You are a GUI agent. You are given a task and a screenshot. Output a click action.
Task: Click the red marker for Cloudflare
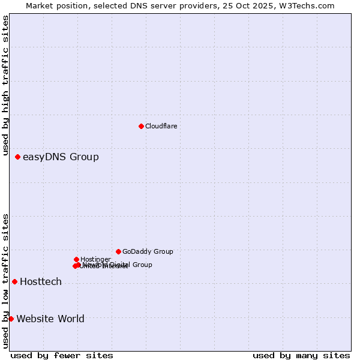click(141, 126)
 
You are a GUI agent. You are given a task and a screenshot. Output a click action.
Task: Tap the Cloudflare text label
click(161, 126)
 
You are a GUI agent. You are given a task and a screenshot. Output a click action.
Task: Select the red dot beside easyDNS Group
click(17, 157)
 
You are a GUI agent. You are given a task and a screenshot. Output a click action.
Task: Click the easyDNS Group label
click(61, 157)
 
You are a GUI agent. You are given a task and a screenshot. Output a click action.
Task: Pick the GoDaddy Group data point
click(118, 251)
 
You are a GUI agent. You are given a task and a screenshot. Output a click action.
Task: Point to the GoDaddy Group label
click(148, 252)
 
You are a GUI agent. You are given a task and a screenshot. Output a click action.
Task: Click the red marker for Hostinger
click(76, 259)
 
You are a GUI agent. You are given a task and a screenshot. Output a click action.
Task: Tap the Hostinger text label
click(95, 259)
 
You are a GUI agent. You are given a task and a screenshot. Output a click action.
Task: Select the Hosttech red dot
click(14, 281)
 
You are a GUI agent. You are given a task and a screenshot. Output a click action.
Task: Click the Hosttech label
click(41, 282)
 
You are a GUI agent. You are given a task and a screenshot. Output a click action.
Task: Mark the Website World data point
click(11, 319)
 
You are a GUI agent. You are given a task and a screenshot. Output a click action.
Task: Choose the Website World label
click(50, 319)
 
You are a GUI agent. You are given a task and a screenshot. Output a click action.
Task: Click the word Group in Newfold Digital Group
click(142, 265)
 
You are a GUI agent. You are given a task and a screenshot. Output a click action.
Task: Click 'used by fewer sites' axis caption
click(62, 355)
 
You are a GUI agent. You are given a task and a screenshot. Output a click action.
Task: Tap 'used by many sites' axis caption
click(301, 355)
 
